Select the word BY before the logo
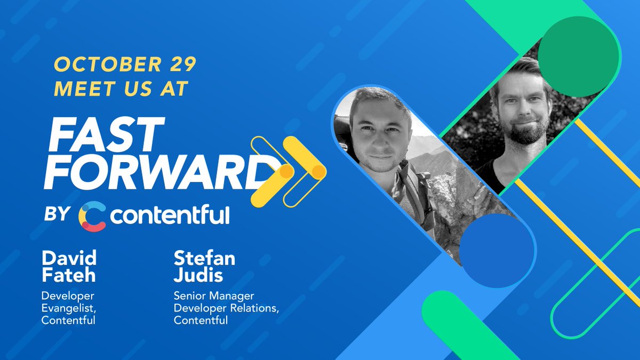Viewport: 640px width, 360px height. pos(57,214)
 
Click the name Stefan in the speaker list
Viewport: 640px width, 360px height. pos(204,259)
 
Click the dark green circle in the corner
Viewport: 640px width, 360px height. pos(579,57)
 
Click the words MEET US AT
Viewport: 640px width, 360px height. pos(122,89)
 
